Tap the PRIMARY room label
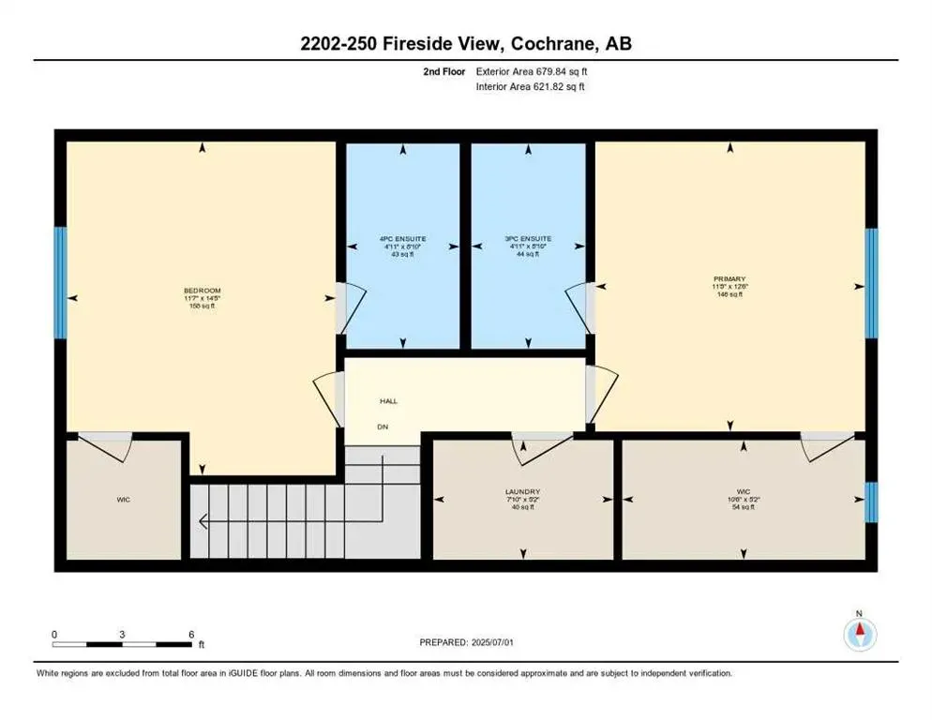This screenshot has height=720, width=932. click(729, 279)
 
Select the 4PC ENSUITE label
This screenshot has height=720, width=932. click(402, 239)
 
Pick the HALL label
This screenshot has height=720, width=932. click(388, 401)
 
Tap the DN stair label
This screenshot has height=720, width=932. click(383, 427)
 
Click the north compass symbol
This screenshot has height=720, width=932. click(859, 635)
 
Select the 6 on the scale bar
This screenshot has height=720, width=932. click(191, 635)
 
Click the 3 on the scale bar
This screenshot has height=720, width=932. click(123, 635)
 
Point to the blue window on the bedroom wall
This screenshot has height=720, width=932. click(60, 282)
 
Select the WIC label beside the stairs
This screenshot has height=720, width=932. click(123, 500)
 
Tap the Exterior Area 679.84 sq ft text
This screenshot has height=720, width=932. click(533, 70)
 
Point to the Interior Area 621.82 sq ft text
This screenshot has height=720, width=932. click(533, 87)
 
